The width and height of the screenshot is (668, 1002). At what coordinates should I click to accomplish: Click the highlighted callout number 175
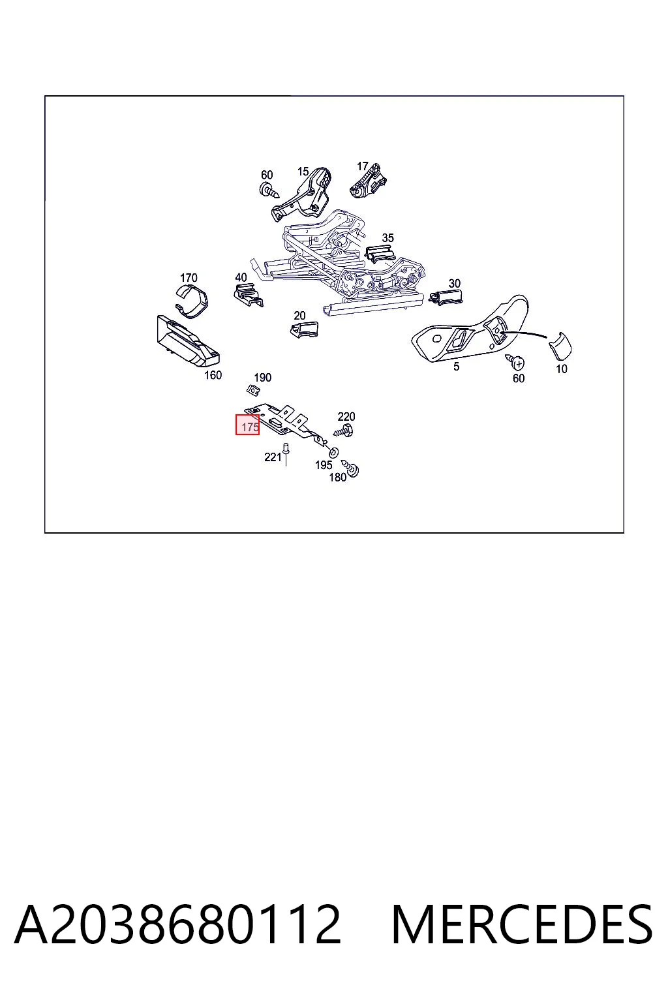pos(250,427)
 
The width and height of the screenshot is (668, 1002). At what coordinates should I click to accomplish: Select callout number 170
pos(189,278)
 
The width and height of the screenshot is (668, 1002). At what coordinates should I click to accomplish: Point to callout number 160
pos(213,375)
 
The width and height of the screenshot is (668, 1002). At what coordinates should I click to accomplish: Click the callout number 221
pos(273,457)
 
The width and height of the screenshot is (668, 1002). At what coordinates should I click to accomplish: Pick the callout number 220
pos(346,416)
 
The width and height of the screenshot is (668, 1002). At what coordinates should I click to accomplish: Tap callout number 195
pos(324,465)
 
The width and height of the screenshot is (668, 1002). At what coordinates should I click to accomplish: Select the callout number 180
pos(338,478)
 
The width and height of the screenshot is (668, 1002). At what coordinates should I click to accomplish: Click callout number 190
pos(263,378)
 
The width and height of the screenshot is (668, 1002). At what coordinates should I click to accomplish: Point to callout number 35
pos(388,238)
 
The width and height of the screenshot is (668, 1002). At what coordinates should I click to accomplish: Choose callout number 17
pos(362,166)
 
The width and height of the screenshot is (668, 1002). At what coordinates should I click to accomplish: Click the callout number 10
pos(562,369)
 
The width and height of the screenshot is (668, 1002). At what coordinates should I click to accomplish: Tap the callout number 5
pos(456,367)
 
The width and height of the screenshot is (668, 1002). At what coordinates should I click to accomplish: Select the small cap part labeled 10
pos(560,346)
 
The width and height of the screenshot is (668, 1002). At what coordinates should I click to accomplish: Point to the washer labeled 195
pos(334,452)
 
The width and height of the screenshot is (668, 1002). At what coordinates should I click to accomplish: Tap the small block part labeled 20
pos(304,329)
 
